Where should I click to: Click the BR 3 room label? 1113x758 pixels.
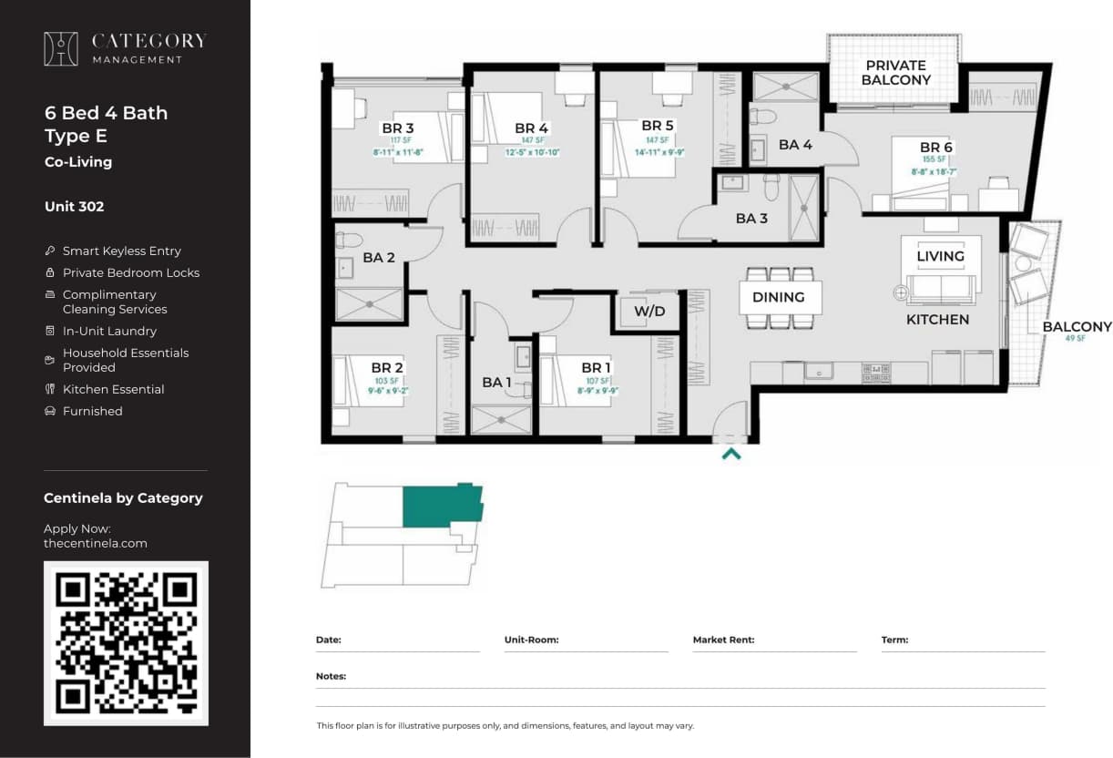point(397,128)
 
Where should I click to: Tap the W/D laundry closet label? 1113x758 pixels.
point(649,312)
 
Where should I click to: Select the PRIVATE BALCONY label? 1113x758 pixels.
point(897,73)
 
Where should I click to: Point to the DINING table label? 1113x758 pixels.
point(778,297)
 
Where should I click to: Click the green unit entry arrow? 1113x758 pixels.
point(730,453)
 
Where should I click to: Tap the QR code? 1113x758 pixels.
point(126,642)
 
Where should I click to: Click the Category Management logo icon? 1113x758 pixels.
point(61,49)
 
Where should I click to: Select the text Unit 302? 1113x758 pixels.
point(74,207)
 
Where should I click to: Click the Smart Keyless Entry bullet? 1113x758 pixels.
point(121,251)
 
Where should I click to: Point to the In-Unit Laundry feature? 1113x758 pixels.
point(109,331)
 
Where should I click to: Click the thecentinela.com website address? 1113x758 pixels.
point(95,543)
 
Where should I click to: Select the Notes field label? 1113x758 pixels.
point(331,676)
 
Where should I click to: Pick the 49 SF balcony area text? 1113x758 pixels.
point(1077,338)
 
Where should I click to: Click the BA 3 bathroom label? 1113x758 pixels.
point(751,219)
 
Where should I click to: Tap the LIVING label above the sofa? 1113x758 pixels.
point(940,256)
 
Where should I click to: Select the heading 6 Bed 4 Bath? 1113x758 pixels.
point(106,113)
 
